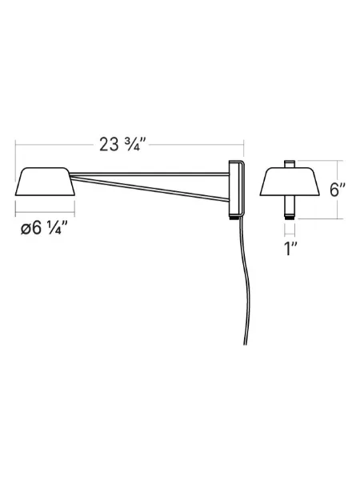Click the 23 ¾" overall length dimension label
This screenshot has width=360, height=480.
(122, 144)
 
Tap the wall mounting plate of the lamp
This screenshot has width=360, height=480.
(235, 188)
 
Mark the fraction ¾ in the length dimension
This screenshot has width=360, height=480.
(135, 144)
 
